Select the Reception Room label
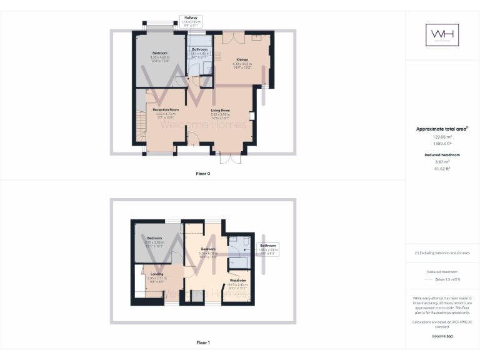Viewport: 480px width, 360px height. [x=166, y=110]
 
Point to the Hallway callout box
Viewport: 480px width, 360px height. [x=191, y=21]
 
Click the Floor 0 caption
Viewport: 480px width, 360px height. [x=203, y=173]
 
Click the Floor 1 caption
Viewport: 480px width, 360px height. [x=203, y=342]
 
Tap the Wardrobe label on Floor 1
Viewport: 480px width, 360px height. [x=237, y=281]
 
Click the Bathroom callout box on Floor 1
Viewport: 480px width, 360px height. [x=268, y=249]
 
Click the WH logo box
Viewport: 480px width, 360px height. [x=442, y=34]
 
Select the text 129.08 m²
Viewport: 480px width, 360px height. [x=442, y=137]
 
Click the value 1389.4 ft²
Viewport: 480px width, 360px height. [x=442, y=143]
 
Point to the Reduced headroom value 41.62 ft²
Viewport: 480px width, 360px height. [x=442, y=168]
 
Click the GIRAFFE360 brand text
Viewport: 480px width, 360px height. [x=442, y=336]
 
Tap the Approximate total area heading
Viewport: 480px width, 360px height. [x=442, y=129]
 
